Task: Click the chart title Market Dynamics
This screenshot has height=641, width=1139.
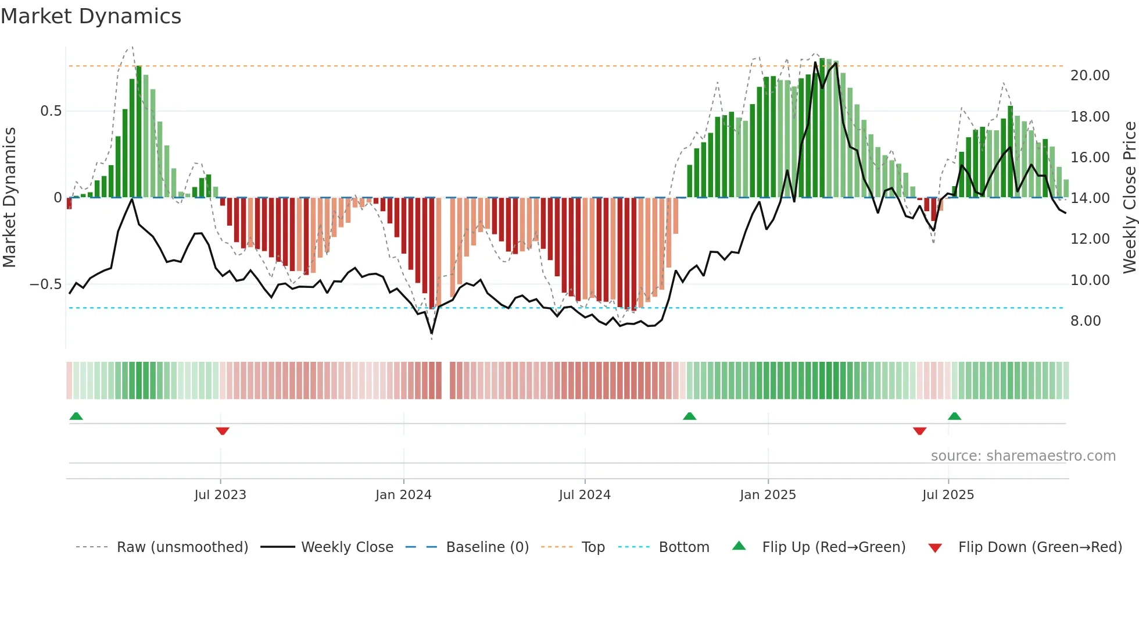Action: (x=91, y=16)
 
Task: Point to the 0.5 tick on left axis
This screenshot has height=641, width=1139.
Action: (x=51, y=111)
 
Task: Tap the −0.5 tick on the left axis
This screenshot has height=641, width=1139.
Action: (x=45, y=284)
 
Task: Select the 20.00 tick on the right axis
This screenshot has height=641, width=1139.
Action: (x=1090, y=76)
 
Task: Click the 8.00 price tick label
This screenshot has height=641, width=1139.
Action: (x=1085, y=321)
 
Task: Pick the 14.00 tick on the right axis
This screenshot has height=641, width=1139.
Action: (x=1090, y=198)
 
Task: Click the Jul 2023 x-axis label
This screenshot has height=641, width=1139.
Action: (x=220, y=495)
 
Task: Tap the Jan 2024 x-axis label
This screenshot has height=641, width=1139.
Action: (x=403, y=495)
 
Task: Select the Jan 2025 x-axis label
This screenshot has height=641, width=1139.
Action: (x=768, y=495)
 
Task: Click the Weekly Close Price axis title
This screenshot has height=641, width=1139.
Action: (x=1129, y=198)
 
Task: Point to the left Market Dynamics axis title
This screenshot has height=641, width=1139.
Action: (x=9, y=198)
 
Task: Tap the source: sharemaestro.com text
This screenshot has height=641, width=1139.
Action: (x=1023, y=456)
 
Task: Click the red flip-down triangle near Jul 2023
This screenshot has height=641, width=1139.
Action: (x=223, y=431)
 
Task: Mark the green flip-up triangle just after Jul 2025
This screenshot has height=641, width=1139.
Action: (x=954, y=416)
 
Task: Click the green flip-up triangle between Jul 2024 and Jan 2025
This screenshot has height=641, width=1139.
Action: (x=689, y=416)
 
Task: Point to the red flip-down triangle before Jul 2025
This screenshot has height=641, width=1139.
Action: (x=919, y=431)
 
